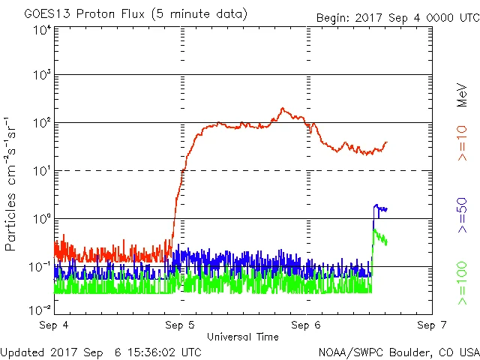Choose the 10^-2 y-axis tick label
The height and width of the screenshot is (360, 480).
[39, 309]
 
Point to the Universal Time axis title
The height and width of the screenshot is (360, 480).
[242, 337]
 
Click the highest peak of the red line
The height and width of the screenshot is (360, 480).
[283, 109]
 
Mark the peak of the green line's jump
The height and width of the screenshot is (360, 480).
[374, 229]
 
